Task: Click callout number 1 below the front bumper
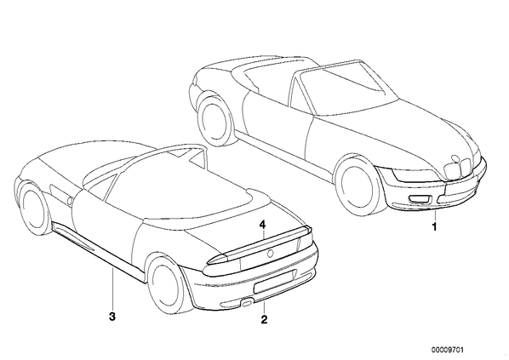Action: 434,226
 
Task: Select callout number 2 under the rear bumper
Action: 264,319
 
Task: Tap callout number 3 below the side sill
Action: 112,317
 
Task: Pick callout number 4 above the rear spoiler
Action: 262,225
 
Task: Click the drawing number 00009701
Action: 448,350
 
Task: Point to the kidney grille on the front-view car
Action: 457,168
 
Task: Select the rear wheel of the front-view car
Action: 214,119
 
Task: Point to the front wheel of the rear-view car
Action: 31,210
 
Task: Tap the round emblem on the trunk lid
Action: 270,254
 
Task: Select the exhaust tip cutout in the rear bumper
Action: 247,304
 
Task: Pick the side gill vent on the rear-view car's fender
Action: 60,195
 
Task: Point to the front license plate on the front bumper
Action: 460,186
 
